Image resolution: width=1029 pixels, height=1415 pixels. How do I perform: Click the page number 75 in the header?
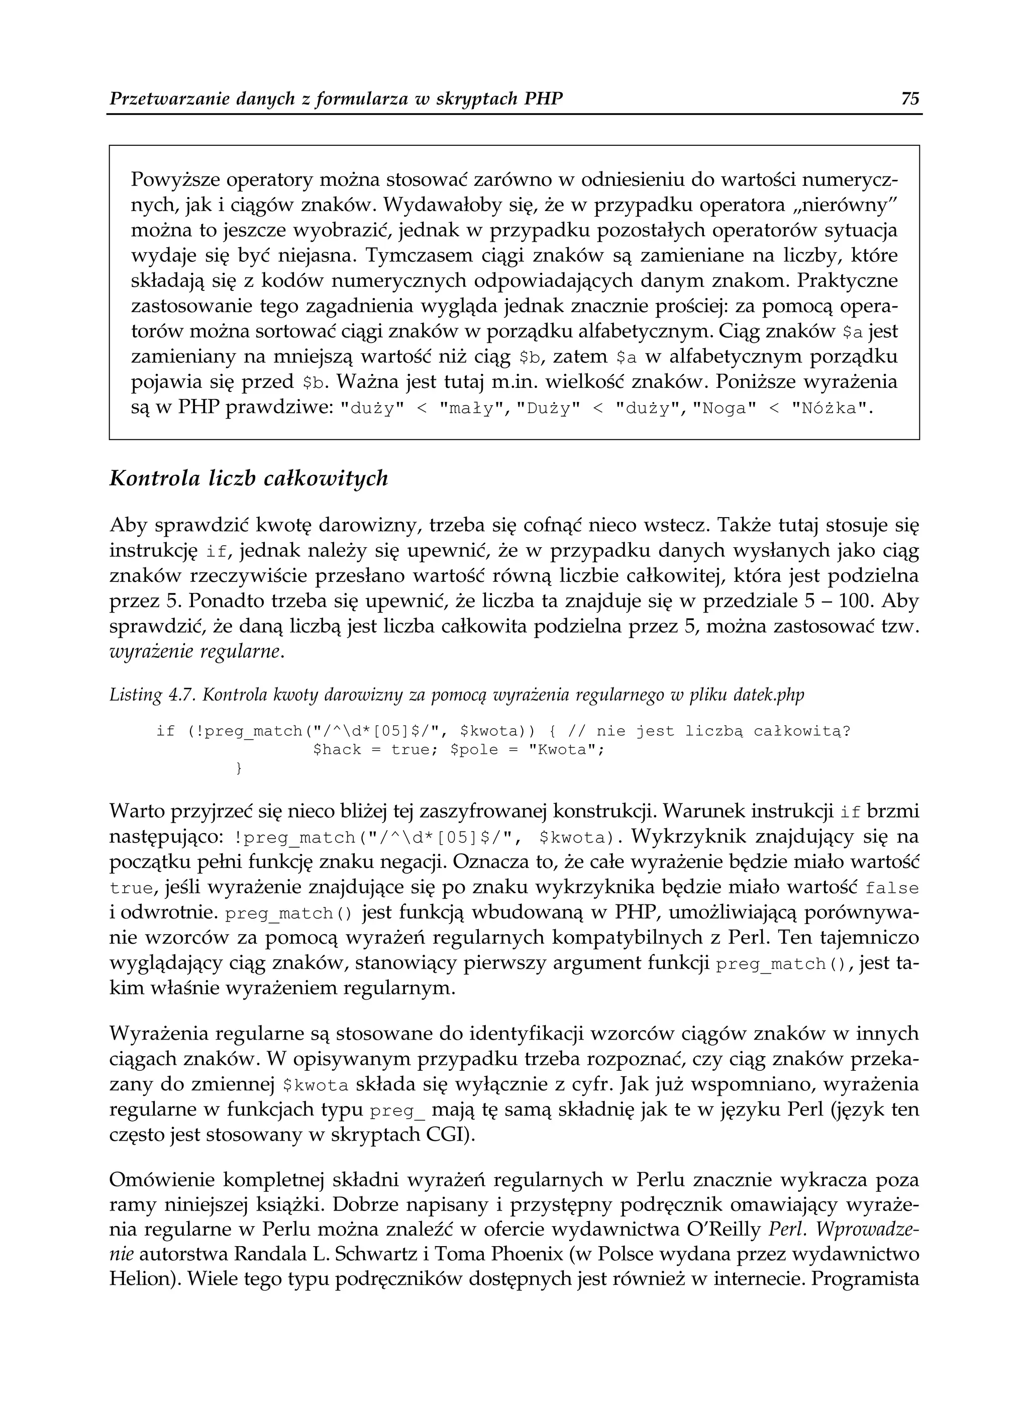910,99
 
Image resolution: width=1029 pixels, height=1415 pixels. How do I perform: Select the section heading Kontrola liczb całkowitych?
248,478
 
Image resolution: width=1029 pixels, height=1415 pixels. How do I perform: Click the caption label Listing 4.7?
144,695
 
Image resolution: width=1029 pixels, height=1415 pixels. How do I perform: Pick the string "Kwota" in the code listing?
565,749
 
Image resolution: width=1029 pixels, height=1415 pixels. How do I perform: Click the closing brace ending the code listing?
237,769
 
